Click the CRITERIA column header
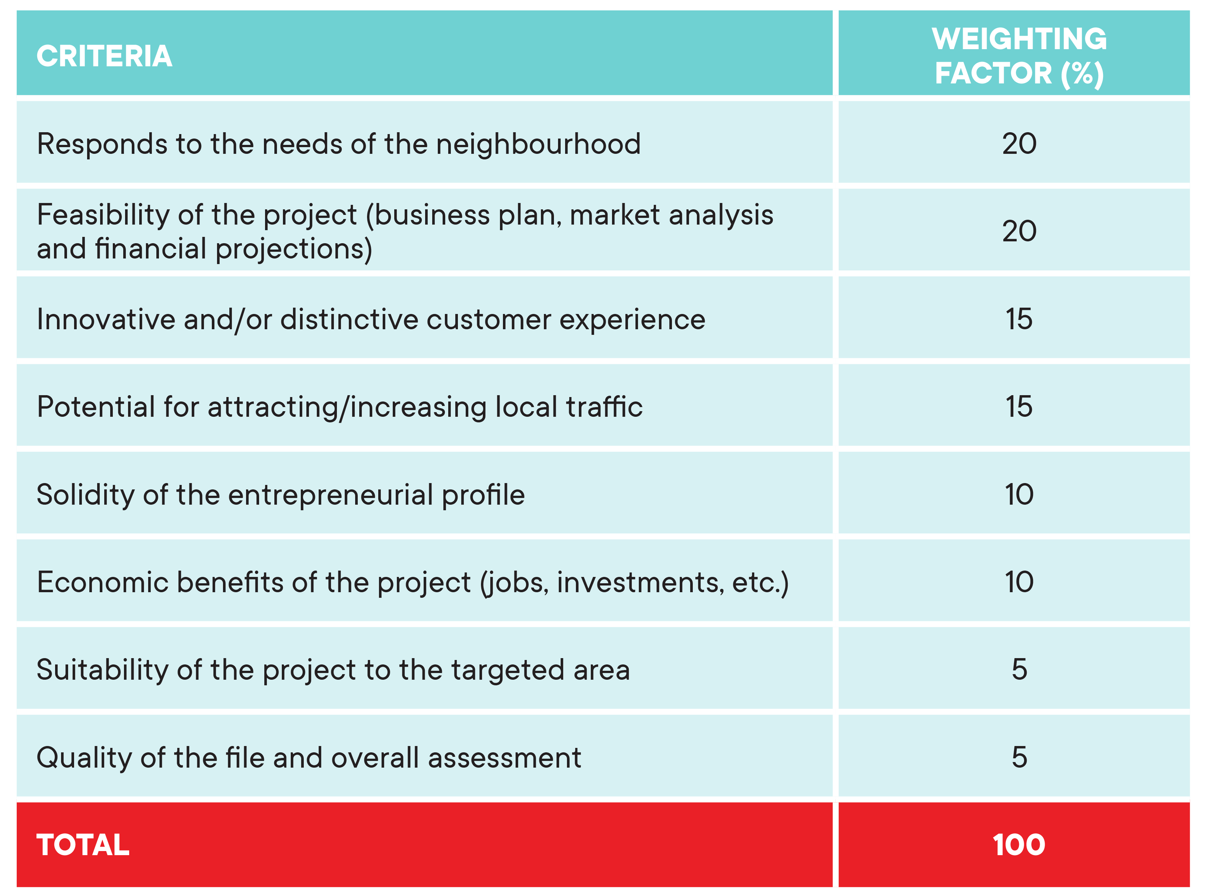105,56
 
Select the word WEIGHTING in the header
1019,39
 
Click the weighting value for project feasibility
1019,231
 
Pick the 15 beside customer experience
1019,319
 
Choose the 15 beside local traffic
1019,406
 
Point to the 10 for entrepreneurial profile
1019,494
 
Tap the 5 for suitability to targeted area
1019,670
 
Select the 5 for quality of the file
1019,758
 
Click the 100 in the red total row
1019,845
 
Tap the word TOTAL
83,845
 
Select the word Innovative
106,319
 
